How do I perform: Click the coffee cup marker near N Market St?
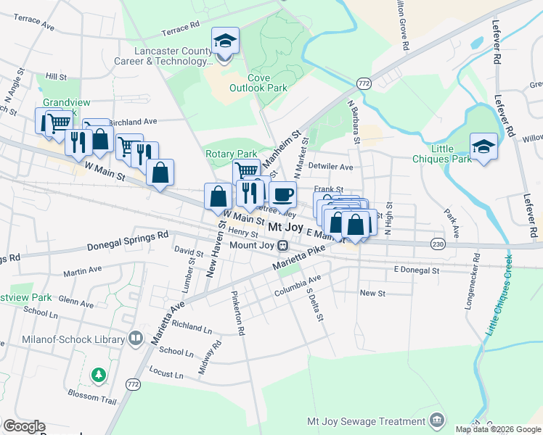(x=282, y=194)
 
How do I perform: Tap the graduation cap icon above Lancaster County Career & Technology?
(x=225, y=40)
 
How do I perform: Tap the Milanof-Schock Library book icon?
(x=135, y=338)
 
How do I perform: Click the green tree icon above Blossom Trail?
(x=98, y=375)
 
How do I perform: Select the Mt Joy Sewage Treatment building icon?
(x=436, y=421)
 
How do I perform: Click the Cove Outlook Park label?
(x=258, y=83)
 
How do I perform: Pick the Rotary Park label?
(x=232, y=154)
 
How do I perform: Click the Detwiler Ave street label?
(x=330, y=167)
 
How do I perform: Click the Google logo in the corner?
(x=24, y=426)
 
